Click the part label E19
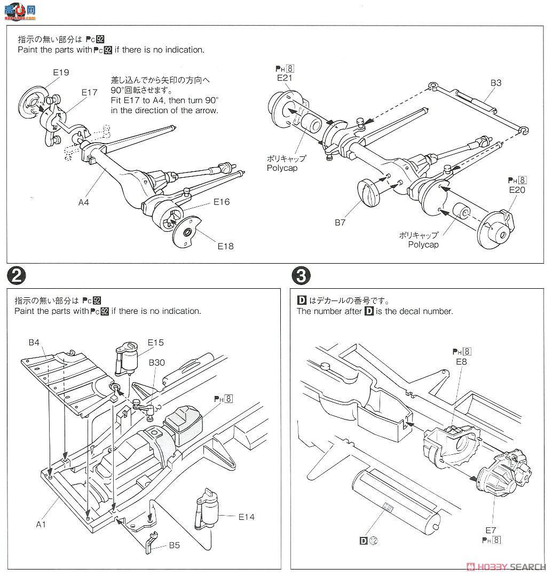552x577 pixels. [x=61, y=72]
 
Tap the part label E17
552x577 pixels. [x=89, y=92]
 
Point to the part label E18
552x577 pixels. [x=225, y=246]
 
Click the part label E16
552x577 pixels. [x=221, y=202]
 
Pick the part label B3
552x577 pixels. [x=496, y=83]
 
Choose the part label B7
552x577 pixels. [x=340, y=223]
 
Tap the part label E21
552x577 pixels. [x=286, y=78]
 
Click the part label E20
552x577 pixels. [x=517, y=189]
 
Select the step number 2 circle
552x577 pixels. [x=17, y=276]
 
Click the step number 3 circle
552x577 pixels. [x=301, y=276]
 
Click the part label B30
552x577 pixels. [x=157, y=363]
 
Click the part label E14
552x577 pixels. [x=247, y=516]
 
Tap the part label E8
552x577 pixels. [x=462, y=361]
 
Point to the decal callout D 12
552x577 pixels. [x=369, y=541]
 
